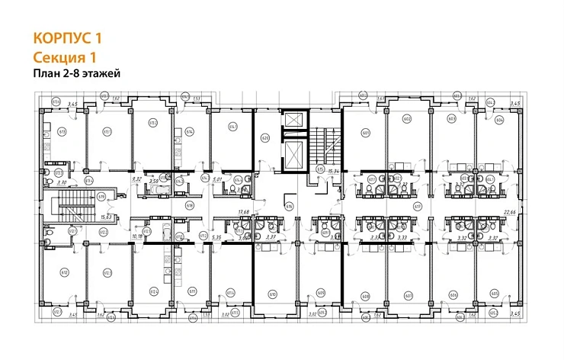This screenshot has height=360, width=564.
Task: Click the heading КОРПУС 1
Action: tap(67, 37)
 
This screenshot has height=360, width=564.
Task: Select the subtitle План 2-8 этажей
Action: tap(79, 74)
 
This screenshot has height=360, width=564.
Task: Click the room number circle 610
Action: tap(272, 292)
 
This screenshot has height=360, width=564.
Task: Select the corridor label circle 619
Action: tap(101, 196)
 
